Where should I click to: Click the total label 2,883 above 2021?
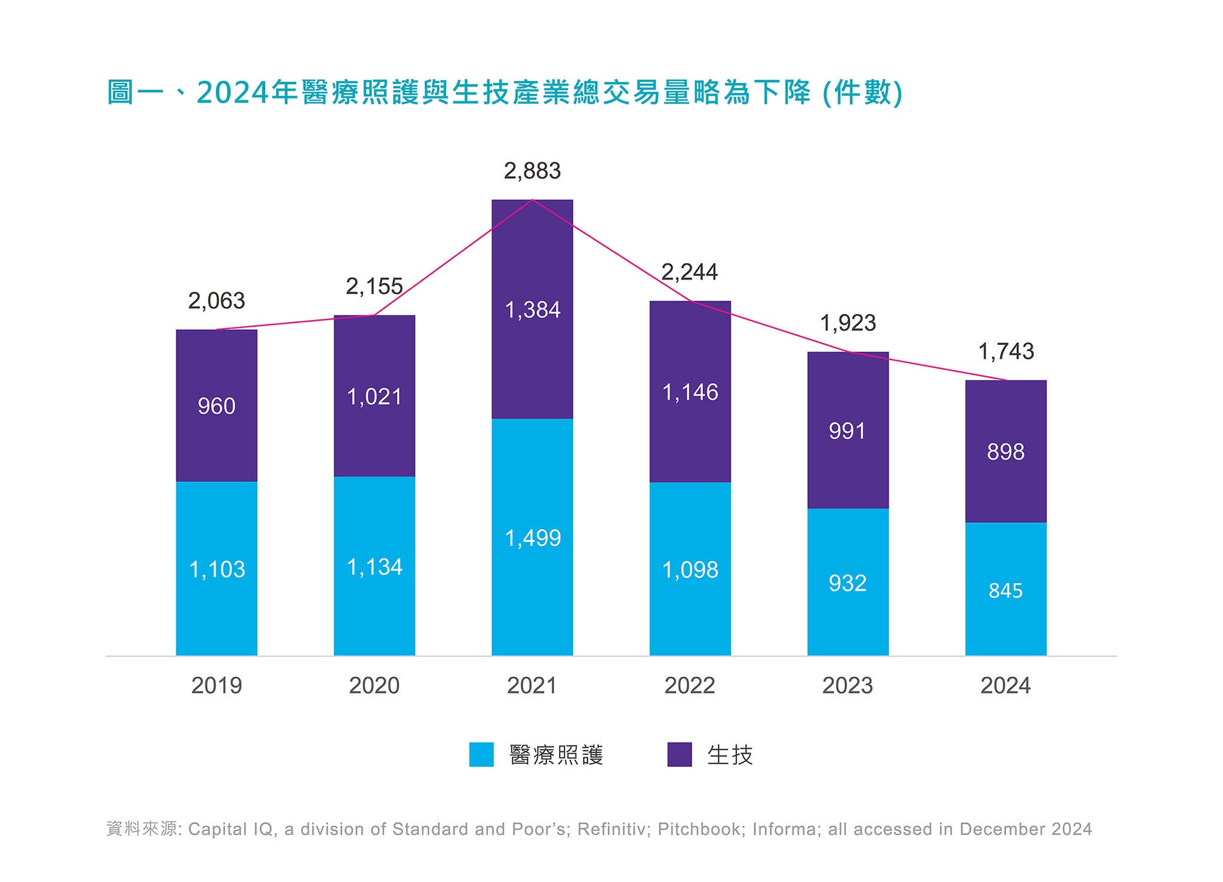click(x=532, y=171)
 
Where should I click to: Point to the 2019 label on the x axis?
click(x=217, y=686)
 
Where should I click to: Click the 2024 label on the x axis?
click(x=1006, y=686)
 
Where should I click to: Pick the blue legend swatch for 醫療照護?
click(x=481, y=754)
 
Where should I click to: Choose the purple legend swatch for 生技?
click(x=680, y=754)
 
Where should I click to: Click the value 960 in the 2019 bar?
click(x=217, y=407)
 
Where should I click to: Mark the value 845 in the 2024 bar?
click(x=1006, y=591)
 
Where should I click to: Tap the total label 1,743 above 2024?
click(x=1006, y=352)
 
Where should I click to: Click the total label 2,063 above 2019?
click(x=217, y=301)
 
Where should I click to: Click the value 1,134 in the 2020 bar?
click(x=374, y=567)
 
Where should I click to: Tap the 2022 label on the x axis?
click(x=690, y=686)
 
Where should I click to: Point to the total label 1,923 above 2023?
click(x=848, y=324)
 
